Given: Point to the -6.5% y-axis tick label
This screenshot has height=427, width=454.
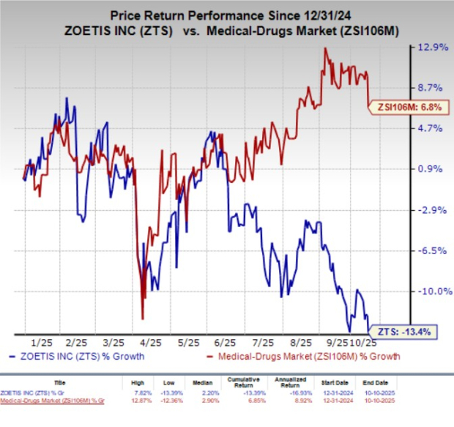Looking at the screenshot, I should tap(431, 250).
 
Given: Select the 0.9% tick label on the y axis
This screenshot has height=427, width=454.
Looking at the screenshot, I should tap(431, 169).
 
